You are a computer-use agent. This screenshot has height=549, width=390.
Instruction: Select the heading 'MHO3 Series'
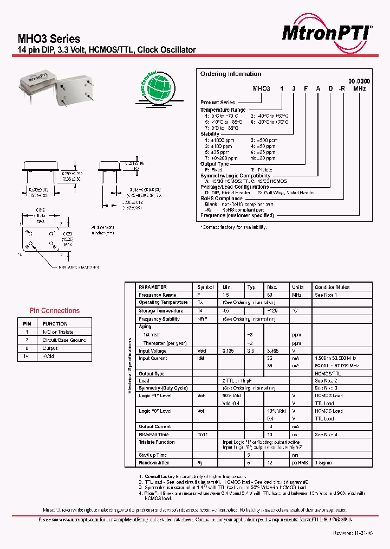(x=49, y=39)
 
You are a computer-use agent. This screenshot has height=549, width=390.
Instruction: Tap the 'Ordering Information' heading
(x=231, y=74)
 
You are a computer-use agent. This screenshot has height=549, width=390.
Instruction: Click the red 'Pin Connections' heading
(x=54, y=311)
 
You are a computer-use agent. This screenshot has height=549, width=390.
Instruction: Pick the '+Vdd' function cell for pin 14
(x=50, y=356)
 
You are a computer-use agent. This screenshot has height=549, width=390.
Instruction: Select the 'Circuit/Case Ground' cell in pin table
(x=64, y=340)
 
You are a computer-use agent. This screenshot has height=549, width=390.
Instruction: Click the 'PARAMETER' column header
(x=153, y=287)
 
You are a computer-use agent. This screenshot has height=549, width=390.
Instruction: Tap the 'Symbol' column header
(x=205, y=287)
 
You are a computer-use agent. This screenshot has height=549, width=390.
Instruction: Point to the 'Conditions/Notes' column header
(x=332, y=287)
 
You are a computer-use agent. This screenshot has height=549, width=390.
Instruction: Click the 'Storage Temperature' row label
(x=161, y=311)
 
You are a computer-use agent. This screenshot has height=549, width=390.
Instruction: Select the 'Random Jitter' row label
(x=154, y=463)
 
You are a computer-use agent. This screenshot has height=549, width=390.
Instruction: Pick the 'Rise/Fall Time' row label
(x=154, y=435)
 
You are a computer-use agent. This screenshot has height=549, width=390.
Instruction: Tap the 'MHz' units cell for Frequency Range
(x=297, y=295)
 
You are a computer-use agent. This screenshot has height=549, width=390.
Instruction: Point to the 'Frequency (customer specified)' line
(x=237, y=215)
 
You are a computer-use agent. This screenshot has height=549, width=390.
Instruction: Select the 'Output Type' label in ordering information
(x=214, y=164)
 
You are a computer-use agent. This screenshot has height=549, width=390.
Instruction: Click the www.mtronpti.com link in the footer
(x=76, y=519)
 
